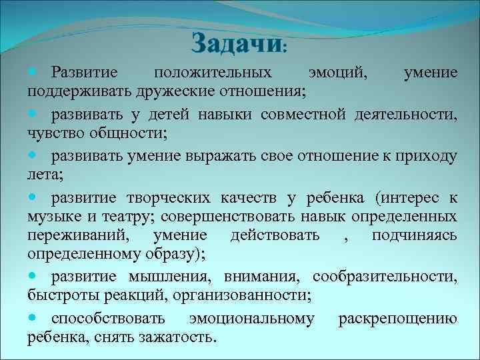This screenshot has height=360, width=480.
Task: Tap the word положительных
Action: pos(212,72)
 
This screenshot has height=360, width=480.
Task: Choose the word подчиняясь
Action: pos(414,235)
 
